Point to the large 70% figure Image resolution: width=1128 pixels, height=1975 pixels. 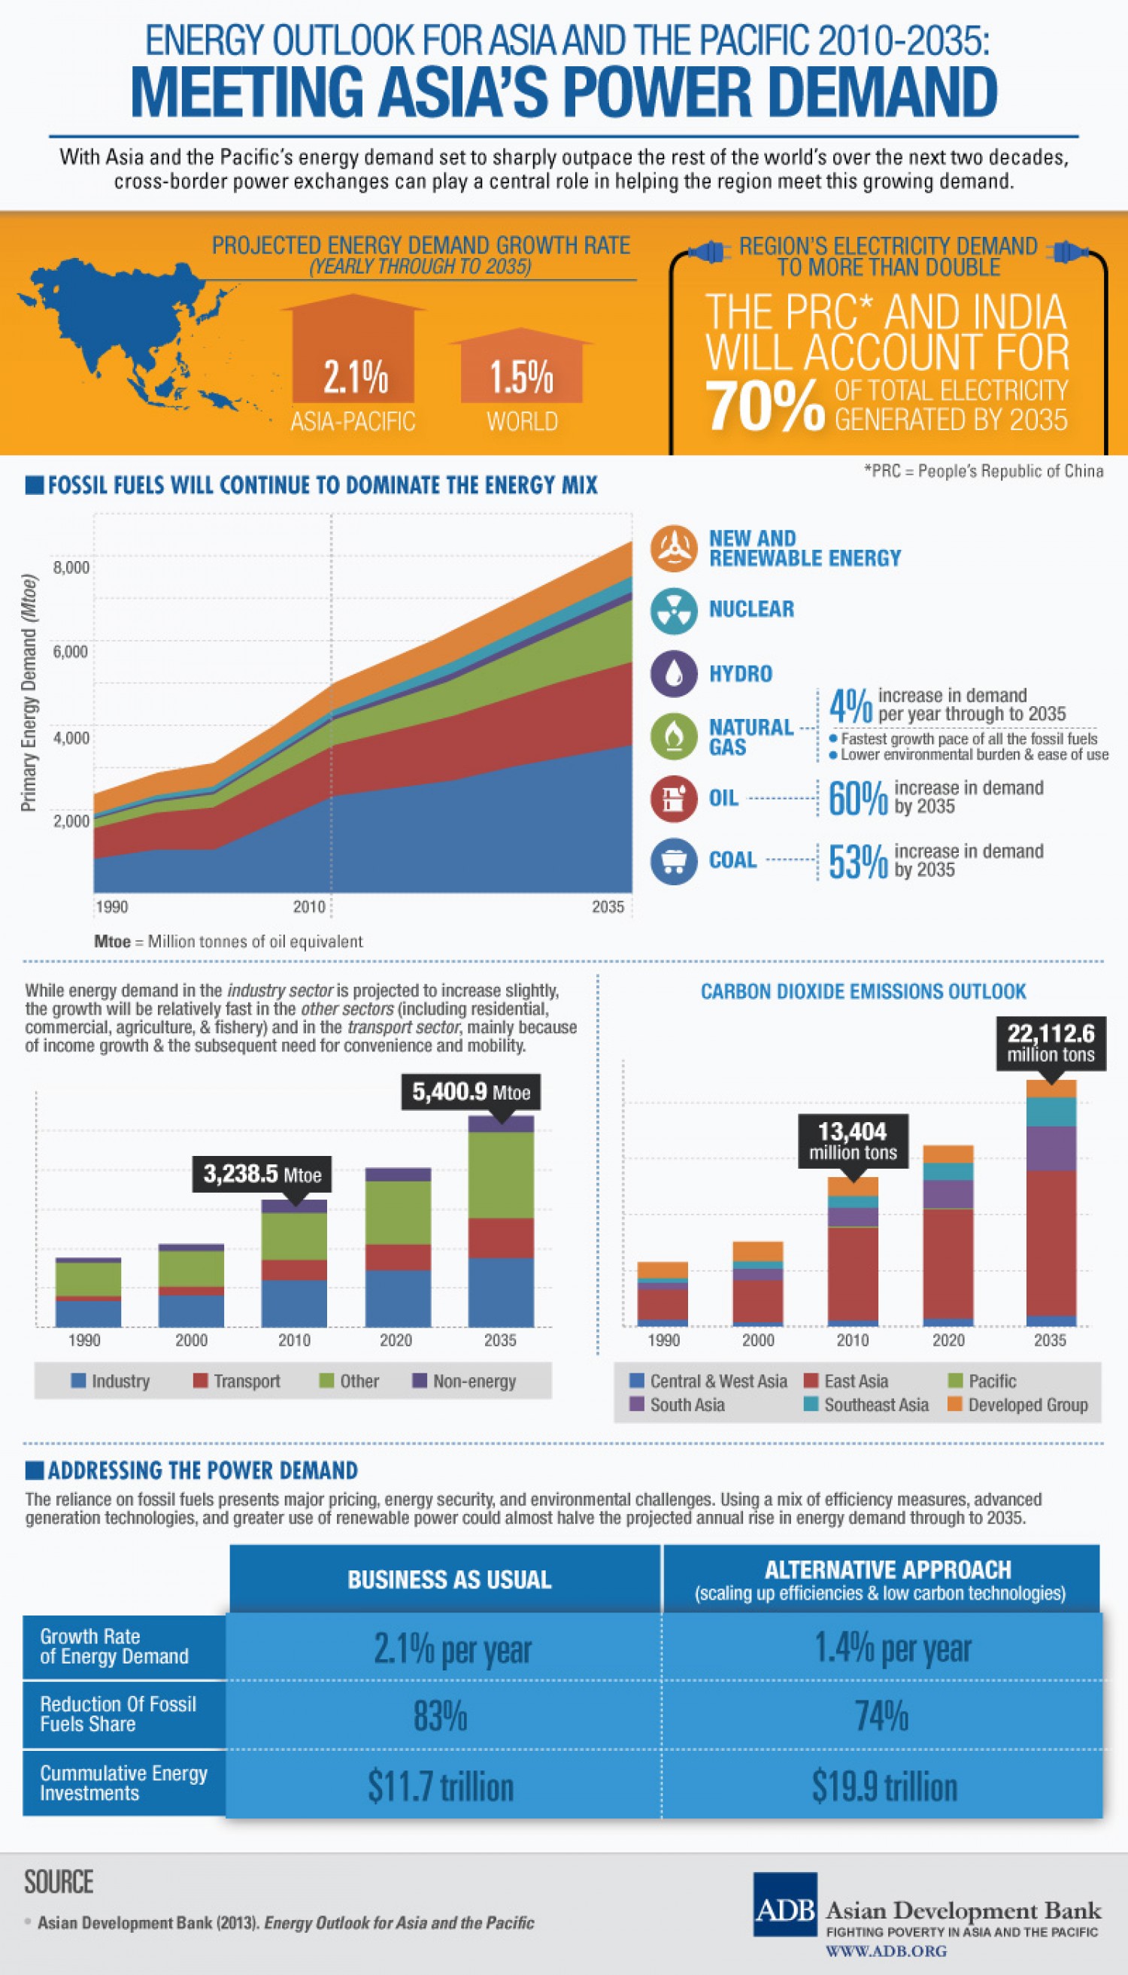click(x=765, y=406)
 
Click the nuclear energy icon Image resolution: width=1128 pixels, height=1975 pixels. click(x=673, y=610)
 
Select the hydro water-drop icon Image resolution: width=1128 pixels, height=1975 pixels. click(x=673, y=672)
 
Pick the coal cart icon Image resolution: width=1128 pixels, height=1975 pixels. click(x=673, y=861)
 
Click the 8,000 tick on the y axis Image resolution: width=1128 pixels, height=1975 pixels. click(x=71, y=567)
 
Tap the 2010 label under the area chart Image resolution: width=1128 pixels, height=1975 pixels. click(x=308, y=906)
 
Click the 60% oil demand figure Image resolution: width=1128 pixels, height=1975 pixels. click(x=857, y=798)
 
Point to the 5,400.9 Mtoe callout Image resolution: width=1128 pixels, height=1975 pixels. click(x=470, y=1093)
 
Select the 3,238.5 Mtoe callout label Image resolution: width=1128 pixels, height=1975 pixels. click(x=262, y=1175)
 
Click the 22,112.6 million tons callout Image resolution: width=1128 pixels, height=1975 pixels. click(x=1050, y=1043)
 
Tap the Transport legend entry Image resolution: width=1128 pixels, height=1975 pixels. click(x=237, y=1381)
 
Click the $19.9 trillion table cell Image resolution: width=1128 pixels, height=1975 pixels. click(x=884, y=1786)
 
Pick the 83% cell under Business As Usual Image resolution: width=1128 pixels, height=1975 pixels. click(x=440, y=1716)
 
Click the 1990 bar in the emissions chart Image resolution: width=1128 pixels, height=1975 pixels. click(x=663, y=1294)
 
